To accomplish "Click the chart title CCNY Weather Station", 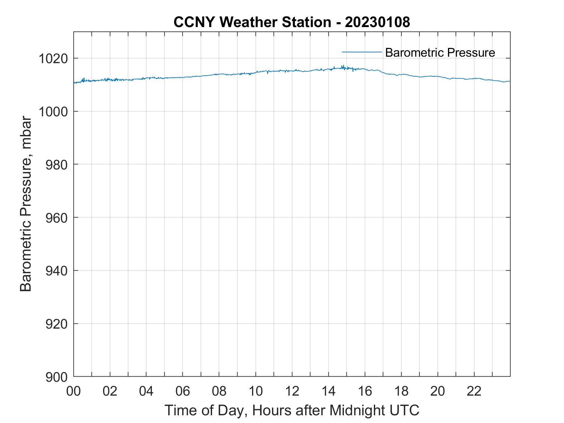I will pyautogui.click(x=252, y=22).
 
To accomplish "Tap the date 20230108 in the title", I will pyautogui.click(x=377, y=22).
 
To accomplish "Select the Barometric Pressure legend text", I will pyautogui.click(x=440, y=53).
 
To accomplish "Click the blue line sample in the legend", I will pyautogui.click(x=362, y=52).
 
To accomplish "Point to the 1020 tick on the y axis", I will pyautogui.click(x=53, y=59).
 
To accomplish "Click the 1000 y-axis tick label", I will pyautogui.click(x=53, y=112).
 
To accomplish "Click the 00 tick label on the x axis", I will pyautogui.click(x=73, y=391).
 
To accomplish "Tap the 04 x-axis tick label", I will pyautogui.click(x=146, y=391).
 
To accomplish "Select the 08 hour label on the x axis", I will pyautogui.click(x=219, y=391).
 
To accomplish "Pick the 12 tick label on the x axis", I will pyautogui.click(x=292, y=391).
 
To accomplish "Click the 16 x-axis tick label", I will pyautogui.click(x=365, y=391).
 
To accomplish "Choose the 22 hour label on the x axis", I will pyautogui.click(x=474, y=391).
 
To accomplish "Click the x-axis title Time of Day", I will pyautogui.click(x=292, y=410).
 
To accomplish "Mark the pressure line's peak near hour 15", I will pyautogui.click(x=343, y=66).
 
